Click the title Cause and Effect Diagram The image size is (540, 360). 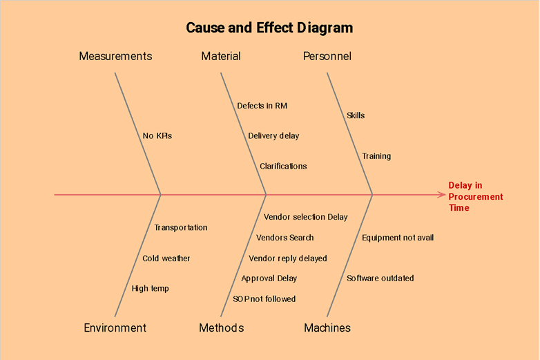point(269,28)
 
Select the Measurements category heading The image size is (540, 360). point(115,56)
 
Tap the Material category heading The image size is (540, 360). point(221,56)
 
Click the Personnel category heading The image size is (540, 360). point(327,56)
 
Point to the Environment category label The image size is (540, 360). point(115,328)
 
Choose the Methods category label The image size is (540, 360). point(221,328)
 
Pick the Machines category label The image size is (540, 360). point(327,328)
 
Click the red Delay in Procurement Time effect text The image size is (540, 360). point(475,196)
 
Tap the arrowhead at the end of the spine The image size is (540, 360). point(442,195)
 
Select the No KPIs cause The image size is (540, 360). point(157,135)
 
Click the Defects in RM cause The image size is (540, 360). point(262,106)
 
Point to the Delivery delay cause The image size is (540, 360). point(273,135)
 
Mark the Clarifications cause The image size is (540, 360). point(283,166)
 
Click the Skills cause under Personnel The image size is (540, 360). point(356,115)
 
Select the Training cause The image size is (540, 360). point(376,156)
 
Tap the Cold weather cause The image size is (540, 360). point(166,258)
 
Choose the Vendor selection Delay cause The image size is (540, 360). point(305,217)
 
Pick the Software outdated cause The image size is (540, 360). point(380,278)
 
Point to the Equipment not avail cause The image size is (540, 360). point(398,238)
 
